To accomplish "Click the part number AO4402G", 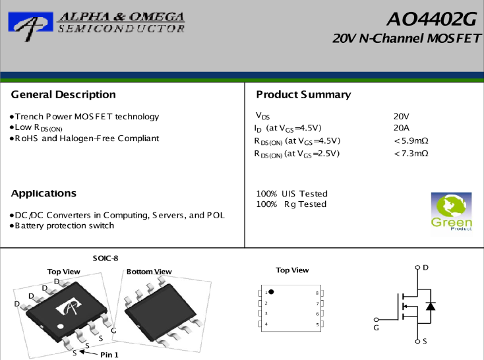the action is tap(432, 19).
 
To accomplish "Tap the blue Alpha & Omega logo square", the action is tap(30, 22).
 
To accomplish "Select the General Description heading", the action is tap(63, 94).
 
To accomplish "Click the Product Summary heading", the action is tap(303, 94).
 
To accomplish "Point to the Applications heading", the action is tap(44, 193).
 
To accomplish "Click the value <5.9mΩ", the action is tap(411, 141).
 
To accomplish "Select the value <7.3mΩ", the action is tap(411, 154).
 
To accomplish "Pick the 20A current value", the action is tap(402, 128).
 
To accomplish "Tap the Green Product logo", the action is tap(451, 212).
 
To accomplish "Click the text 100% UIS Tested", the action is tap(291, 194).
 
